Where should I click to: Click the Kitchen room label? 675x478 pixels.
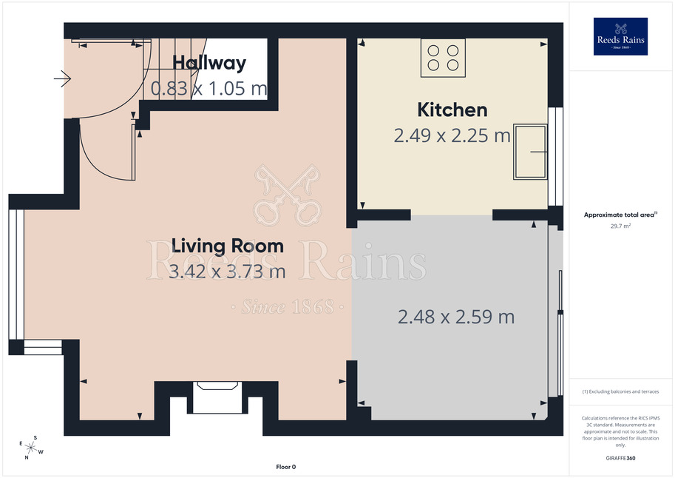click(452, 110)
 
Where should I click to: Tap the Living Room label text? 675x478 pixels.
click(227, 246)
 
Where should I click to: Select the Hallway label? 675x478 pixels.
click(209, 63)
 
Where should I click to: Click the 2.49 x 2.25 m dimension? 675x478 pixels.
click(452, 135)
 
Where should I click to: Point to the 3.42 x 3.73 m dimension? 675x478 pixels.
click(227, 272)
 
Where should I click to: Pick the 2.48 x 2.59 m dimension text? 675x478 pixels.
click(456, 317)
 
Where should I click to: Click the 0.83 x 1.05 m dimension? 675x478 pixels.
click(208, 88)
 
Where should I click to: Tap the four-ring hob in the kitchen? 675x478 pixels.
click(443, 58)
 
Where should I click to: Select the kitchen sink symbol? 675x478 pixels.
click(530, 152)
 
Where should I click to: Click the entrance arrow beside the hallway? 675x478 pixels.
click(62, 78)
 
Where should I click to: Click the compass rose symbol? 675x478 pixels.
click(31, 448)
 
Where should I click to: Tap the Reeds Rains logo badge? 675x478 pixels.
click(620, 37)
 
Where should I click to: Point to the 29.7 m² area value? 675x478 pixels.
click(620, 226)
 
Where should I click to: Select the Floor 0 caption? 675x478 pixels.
click(286, 467)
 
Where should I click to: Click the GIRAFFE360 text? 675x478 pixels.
click(620, 458)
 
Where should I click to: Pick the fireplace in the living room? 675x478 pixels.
click(217, 397)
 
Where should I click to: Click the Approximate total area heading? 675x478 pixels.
click(620, 215)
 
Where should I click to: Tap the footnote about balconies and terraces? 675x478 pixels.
click(620, 391)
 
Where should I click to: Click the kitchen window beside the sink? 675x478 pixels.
click(556, 156)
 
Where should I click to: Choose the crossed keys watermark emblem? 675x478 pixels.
click(287, 195)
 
